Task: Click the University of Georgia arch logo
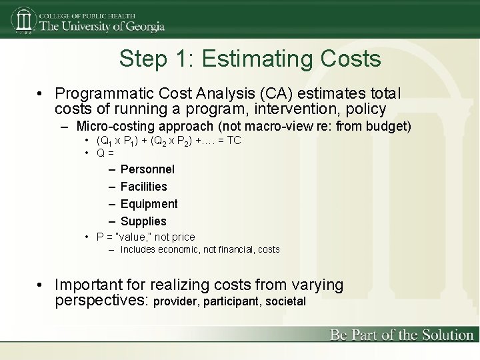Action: click(23, 21)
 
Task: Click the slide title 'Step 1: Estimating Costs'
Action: click(250, 59)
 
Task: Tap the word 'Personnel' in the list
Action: click(147, 169)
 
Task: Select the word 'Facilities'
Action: click(143, 187)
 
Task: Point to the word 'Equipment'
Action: click(149, 204)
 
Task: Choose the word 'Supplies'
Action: click(143, 221)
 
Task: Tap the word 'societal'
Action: click(285, 301)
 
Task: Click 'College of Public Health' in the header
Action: click(87, 15)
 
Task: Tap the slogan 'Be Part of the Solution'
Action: click(401, 335)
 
